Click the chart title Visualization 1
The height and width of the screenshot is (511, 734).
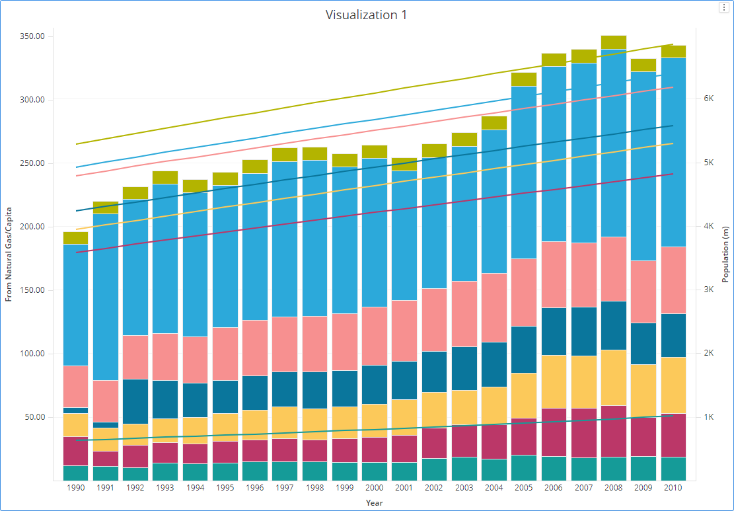pos(366,15)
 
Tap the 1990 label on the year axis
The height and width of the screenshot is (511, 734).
pos(76,488)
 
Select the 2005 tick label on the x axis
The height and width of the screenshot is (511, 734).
pos(523,488)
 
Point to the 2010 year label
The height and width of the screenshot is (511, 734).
pos(673,488)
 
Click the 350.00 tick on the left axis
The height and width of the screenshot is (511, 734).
pos(31,36)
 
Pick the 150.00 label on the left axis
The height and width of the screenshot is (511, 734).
pos(31,290)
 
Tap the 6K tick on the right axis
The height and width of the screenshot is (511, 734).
pos(710,98)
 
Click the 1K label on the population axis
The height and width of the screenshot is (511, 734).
pos(710,417)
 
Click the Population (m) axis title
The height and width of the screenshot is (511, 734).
pos(725,254)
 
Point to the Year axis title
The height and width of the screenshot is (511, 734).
pos(375,503)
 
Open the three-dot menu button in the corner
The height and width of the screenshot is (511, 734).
pos(723,7)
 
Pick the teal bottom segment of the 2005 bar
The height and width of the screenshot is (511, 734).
pos(524,467)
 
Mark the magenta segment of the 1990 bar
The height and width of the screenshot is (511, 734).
pos(76,451)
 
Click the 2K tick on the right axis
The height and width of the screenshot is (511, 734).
pos(710,353)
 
